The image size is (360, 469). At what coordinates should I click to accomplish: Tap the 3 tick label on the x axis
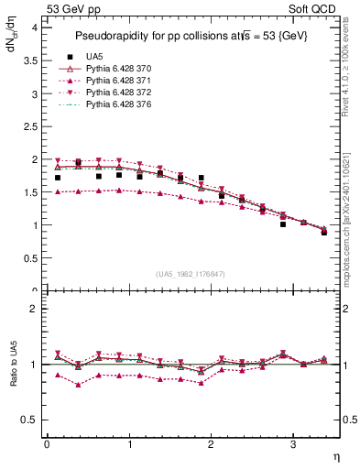click(x=292, y=444)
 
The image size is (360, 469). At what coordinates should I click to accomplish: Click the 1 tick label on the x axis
click(x=128, y=444)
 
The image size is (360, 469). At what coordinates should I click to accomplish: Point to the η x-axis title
click(x=334, y=456)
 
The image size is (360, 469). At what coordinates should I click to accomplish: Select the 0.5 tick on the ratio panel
click(x=30, y=420)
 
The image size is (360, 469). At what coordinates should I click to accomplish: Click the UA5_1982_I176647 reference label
click(x=191, y=274)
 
